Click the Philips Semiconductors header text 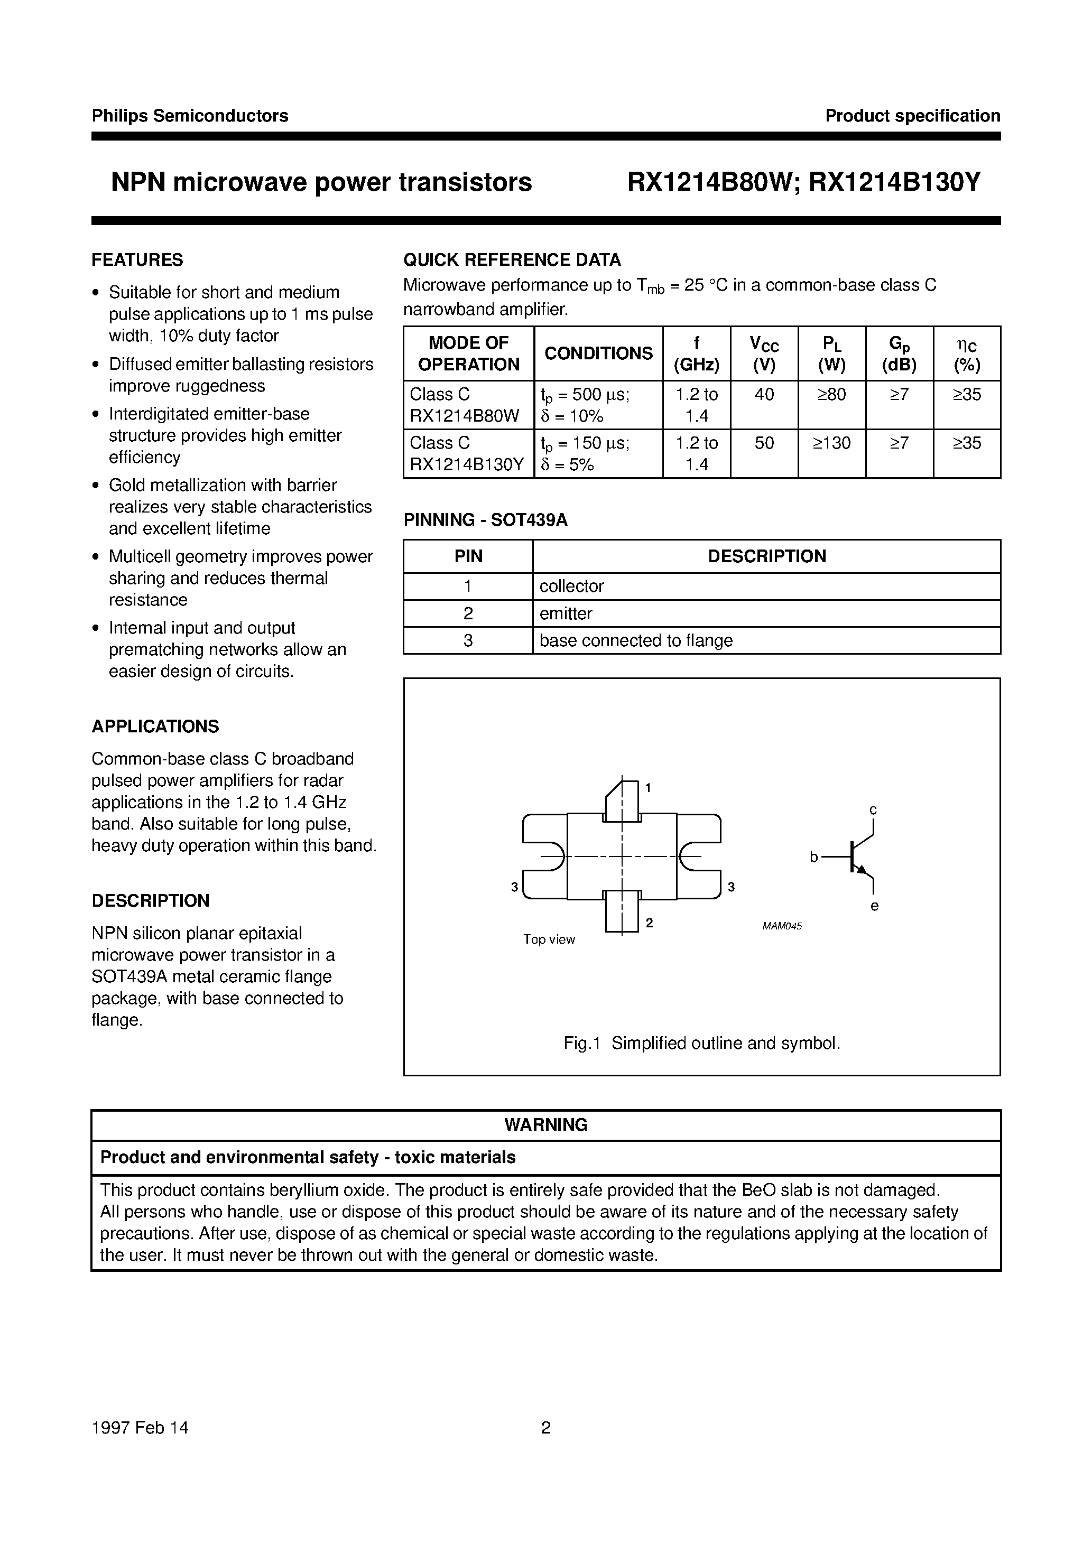(x=190, y=116)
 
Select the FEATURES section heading (x=137, y=260)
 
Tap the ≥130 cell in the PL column (x=831, y=443)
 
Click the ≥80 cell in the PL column (x=831, y=394)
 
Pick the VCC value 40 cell (x=764, y=394)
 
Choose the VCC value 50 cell (x=764, y=443)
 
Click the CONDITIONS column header (x=598, y=353)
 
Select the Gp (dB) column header (x=900, y=354)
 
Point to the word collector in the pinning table (x=571, y=586)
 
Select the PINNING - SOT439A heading (x=485, y=520)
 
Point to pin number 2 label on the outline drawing (x=650, y=923)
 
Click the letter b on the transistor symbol (x=813, y=857)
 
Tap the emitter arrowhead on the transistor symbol (x=861, y=869)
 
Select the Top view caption (x=549, y=939)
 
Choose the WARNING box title (x=545, y=1124)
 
